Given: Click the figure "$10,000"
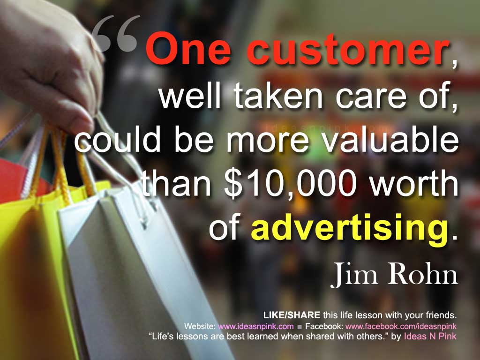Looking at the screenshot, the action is coord(290,185).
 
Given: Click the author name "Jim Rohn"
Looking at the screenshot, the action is coord(394,274).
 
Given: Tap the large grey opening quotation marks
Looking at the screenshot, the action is coord(116,34).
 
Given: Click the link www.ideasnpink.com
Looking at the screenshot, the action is coord(255,326).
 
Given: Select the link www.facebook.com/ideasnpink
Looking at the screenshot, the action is coord(401,326).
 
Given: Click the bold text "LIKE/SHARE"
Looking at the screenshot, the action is coord(292,315).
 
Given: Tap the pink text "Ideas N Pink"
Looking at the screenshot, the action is coord(430,336).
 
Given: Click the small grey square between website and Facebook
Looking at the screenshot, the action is coord(300,327).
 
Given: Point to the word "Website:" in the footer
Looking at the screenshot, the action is coord(200,326).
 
